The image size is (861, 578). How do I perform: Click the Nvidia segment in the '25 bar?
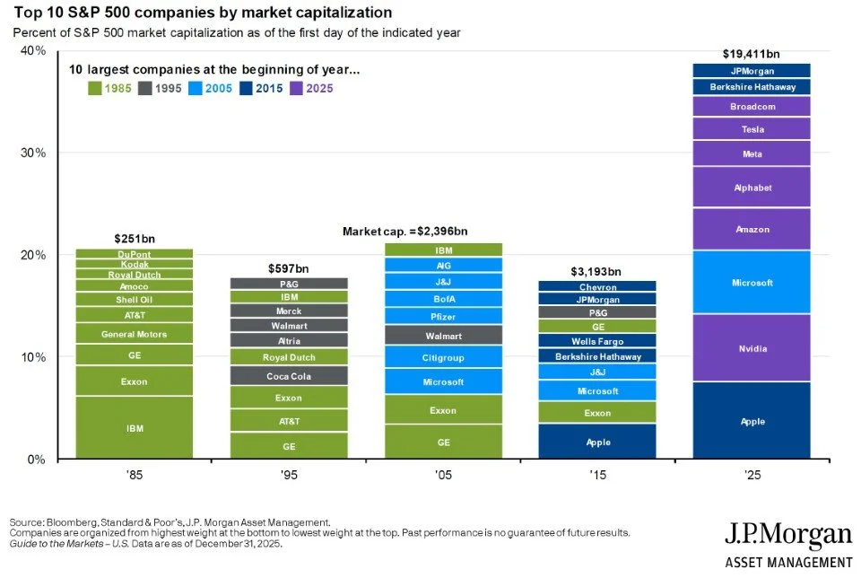point(752,348)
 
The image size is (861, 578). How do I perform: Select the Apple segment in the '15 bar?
point(598,442)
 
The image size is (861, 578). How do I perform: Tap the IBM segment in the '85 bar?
point(135,428)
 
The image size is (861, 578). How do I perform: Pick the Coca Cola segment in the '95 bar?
point(289,376)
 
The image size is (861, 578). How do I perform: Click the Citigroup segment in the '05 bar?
point(443,357)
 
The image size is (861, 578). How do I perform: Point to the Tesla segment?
point(752,129)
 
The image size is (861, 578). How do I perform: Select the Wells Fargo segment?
point(598,341)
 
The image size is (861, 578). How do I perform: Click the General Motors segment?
point(135,334)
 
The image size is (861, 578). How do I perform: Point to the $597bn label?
point(289,267)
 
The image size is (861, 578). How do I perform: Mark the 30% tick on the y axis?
point(34,153)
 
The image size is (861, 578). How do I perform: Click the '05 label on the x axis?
point(443,474)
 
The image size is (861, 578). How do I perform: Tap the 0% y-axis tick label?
point(37,459)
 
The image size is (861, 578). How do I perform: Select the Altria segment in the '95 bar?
point(289,340)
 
